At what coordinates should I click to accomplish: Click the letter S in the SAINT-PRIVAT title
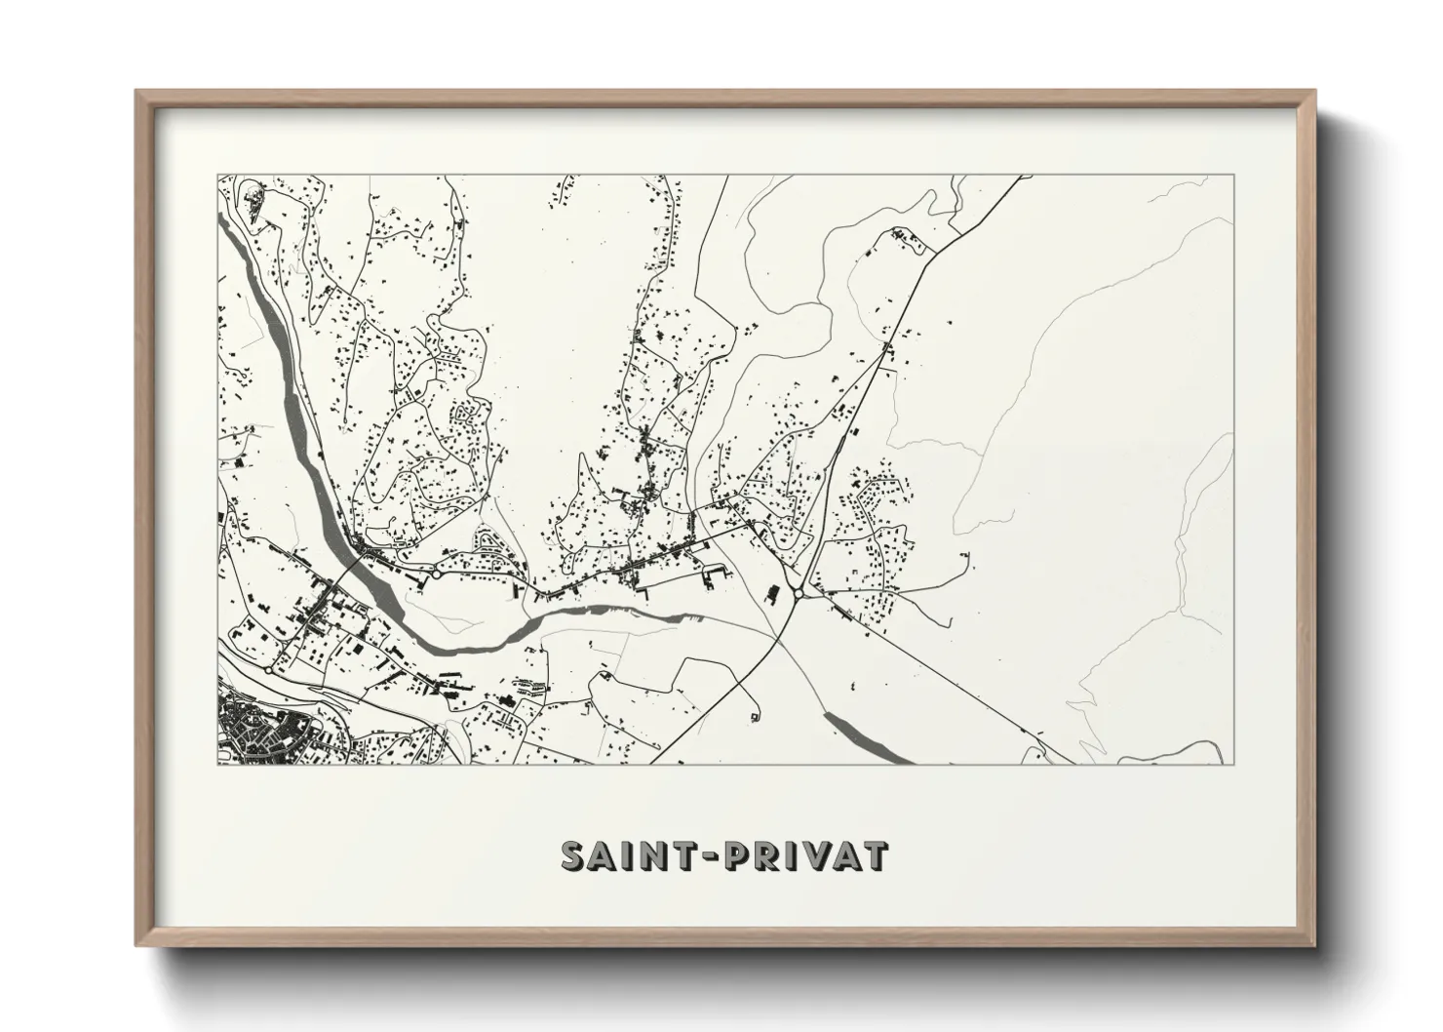tap(574, 855)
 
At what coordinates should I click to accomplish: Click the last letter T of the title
tap(875, 855)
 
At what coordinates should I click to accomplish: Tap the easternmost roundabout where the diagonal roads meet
tap(799, 592)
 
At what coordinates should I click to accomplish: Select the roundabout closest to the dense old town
tap(268, 670)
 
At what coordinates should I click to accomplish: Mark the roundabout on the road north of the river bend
tap(438, 576)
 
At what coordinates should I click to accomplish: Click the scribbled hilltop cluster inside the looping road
tap(255, 201)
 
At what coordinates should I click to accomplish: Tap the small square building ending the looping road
tap(756, 718)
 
